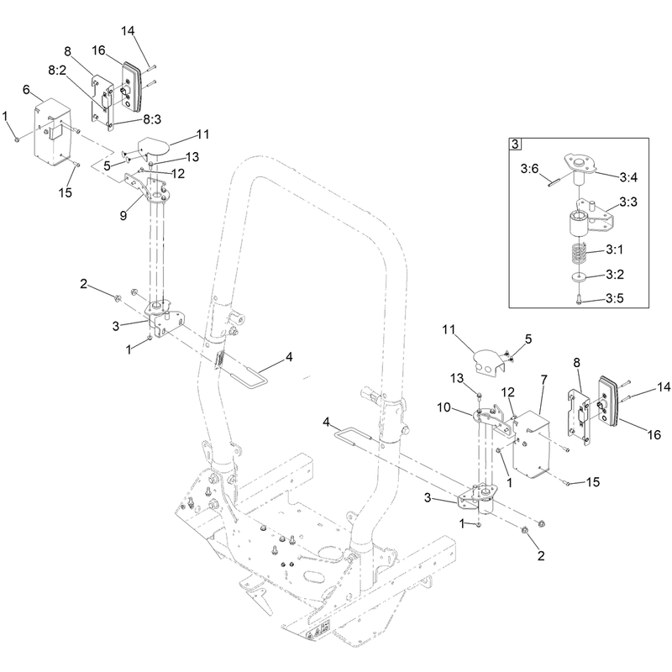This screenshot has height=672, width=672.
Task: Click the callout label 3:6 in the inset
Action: click(529, 169)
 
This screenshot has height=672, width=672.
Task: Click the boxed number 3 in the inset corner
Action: click(515, 144)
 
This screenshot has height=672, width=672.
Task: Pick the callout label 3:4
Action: click(628, 176)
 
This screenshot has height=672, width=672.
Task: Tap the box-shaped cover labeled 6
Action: click(53, 133)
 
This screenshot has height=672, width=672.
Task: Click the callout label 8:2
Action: click(57, 71)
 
